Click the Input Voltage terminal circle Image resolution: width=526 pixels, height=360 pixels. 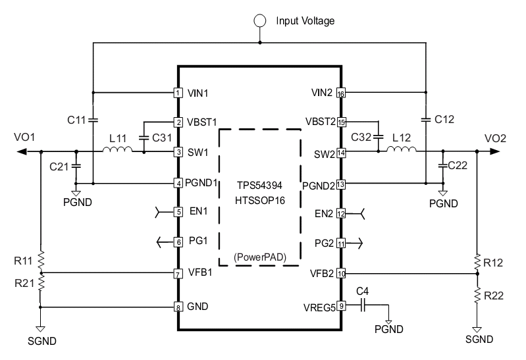260,21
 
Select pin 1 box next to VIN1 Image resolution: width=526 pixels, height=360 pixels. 178,93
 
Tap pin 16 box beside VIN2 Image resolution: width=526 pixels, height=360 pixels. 341,93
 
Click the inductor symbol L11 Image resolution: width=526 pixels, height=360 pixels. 117,149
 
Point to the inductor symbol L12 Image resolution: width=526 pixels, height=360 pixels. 402,149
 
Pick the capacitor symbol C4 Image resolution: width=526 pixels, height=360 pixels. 362,305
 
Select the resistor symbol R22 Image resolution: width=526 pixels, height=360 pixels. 477,296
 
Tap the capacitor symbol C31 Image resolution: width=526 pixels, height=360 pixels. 144,138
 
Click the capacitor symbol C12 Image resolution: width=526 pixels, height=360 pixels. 426,119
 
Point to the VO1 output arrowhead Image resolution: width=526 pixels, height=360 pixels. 22,151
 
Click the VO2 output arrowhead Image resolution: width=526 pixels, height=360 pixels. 495,151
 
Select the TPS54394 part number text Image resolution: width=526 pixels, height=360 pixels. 259,185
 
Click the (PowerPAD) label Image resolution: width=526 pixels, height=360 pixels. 260,257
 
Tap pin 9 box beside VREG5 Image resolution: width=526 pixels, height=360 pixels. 341,305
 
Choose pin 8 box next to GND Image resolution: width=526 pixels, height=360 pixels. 178,307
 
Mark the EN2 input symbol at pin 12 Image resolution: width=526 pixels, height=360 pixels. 355,214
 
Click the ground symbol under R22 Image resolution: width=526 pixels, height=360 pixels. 477,330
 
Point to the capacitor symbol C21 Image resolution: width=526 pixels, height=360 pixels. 76,166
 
